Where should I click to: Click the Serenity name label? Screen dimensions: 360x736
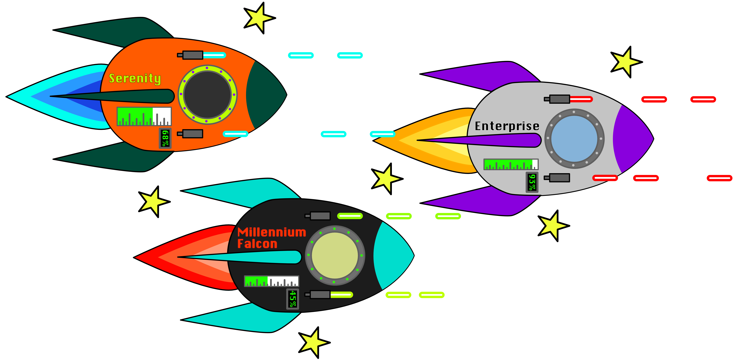(x=135, y=78)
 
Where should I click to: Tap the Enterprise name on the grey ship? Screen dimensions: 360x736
(x=507, y=126)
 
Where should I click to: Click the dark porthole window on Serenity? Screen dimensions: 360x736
(x=207, y=95)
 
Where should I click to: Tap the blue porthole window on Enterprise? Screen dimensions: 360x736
(x=574, y=139)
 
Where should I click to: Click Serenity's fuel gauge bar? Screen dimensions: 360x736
(x=144, y=116)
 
